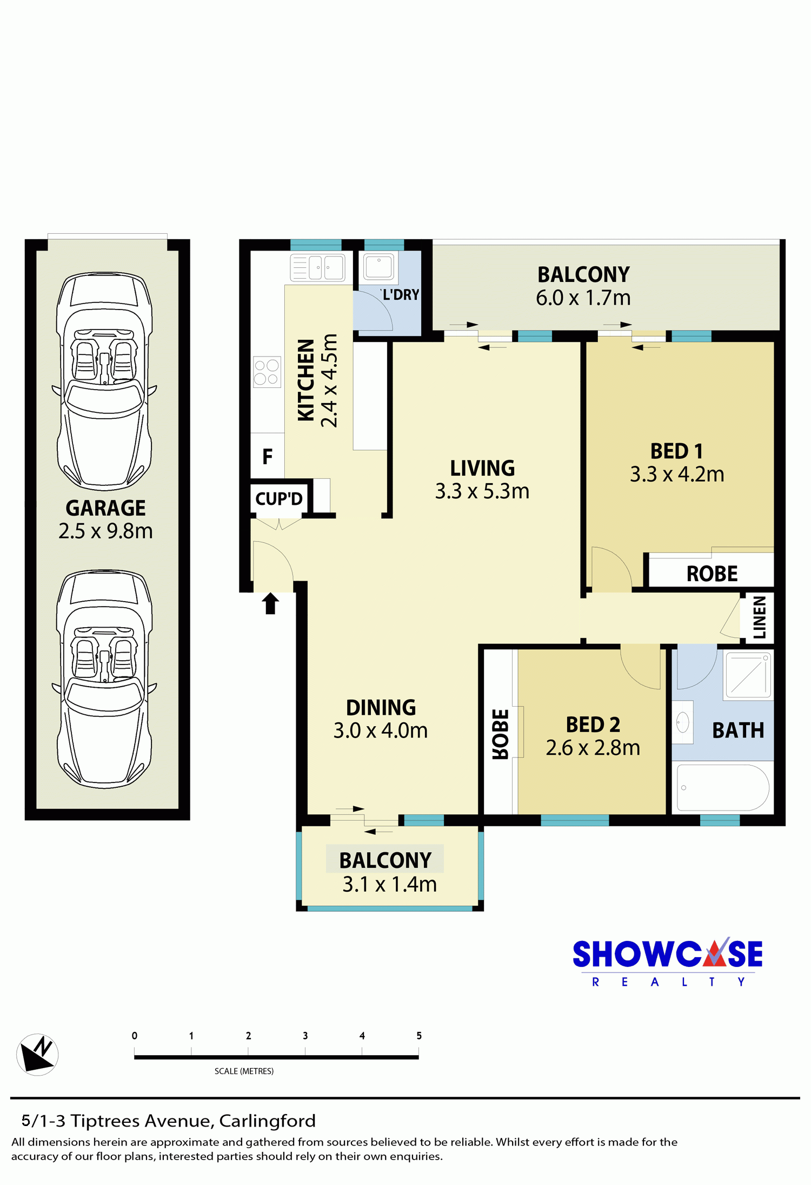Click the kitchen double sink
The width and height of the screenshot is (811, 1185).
click(317, 267)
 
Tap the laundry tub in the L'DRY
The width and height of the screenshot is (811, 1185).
click(378, 267)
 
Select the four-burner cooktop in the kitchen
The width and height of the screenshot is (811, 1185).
click(267, 372)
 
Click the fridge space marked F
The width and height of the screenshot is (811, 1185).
click(267, 457)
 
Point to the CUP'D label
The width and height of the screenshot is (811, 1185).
click(279, 498)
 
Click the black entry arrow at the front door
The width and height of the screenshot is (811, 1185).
click(270, 603)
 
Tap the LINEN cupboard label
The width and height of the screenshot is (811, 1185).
click(760, 617)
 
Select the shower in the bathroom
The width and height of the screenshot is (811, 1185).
click(749, 675)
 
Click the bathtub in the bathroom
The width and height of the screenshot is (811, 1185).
click(723, 787)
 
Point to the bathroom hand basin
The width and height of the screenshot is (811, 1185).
click(683, 722)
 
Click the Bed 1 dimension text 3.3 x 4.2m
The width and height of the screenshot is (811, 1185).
click(677, 475)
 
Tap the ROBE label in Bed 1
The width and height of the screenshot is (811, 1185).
click(712, 574)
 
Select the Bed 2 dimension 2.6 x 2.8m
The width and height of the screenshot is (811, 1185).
click(593, 748)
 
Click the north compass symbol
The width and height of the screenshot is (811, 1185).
click(37, 1054)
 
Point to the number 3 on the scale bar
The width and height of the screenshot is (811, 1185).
click(305, 1036)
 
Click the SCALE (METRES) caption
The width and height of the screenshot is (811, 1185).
click(244, 1071)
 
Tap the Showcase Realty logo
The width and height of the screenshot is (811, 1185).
click(668, 962)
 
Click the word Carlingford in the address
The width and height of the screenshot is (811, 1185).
click(267, 1121)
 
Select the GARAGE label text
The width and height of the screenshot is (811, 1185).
click(105, 508)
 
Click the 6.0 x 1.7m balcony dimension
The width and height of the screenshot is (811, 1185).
click(583, 298)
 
